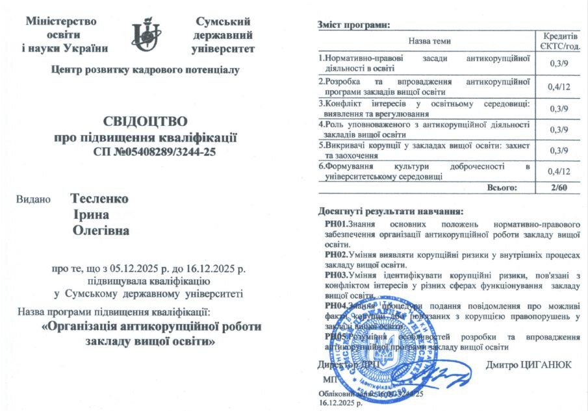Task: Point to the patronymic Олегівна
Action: point(101,230)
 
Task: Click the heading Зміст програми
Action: point(353,25)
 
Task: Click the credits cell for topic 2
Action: point(559,86)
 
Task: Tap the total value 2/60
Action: point(559,188)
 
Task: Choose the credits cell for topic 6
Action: point(559,171)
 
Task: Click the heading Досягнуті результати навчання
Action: point(390,211)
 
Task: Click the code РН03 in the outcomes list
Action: point(336,275)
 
